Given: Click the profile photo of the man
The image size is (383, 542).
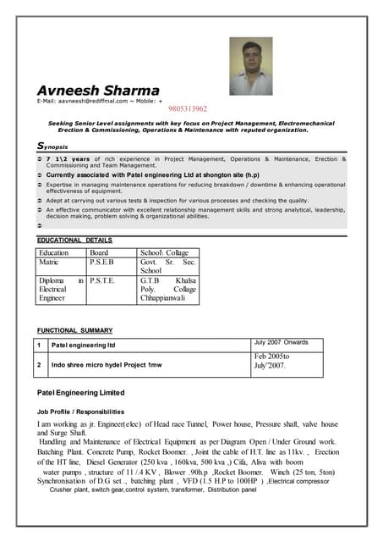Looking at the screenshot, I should [x=251, y=66].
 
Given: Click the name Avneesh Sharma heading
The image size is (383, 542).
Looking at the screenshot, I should [x=97, y=91].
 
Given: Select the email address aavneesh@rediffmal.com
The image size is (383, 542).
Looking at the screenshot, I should [x=93, y=102].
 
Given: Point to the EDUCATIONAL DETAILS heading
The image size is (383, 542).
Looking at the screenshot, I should [x=74, y=240].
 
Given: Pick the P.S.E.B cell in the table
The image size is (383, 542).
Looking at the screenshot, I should [x=102, y=263].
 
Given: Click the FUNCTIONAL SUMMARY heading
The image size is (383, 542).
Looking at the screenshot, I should [x=75, y=329].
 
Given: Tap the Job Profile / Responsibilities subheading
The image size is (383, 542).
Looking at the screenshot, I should [x=81, y=411].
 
